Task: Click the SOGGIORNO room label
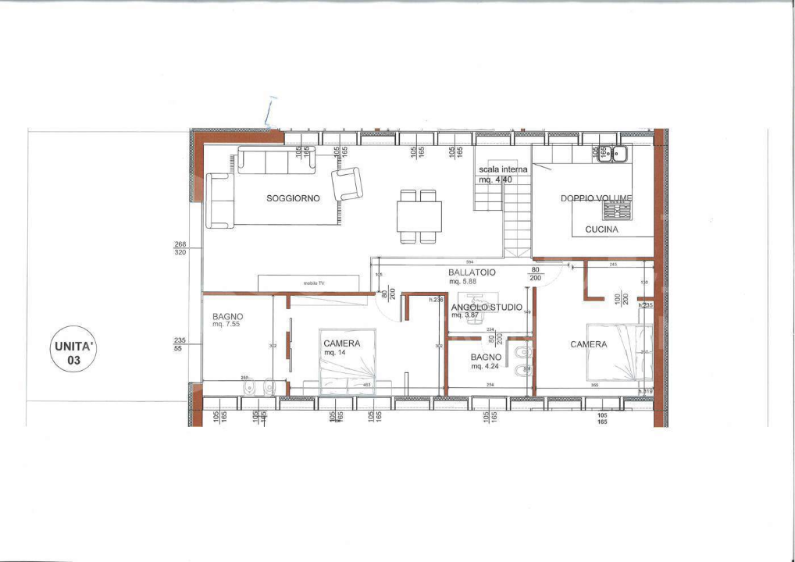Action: point(293,198)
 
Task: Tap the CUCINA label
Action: point(601,229)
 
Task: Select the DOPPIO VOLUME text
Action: point(596,198)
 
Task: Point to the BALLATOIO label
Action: point(469,272)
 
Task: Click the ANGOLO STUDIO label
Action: point(487,308)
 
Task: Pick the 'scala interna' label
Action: point(503,169)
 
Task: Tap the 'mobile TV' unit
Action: point(308,283)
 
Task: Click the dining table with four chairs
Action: point(419,216)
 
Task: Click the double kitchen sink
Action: point(613,154)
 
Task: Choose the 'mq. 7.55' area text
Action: point(226,324)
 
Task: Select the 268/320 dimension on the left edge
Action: point(180,248)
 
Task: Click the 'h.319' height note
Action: point(645,391)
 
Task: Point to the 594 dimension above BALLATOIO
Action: point(469,261)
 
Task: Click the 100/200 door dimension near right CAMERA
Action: point(620,300)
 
